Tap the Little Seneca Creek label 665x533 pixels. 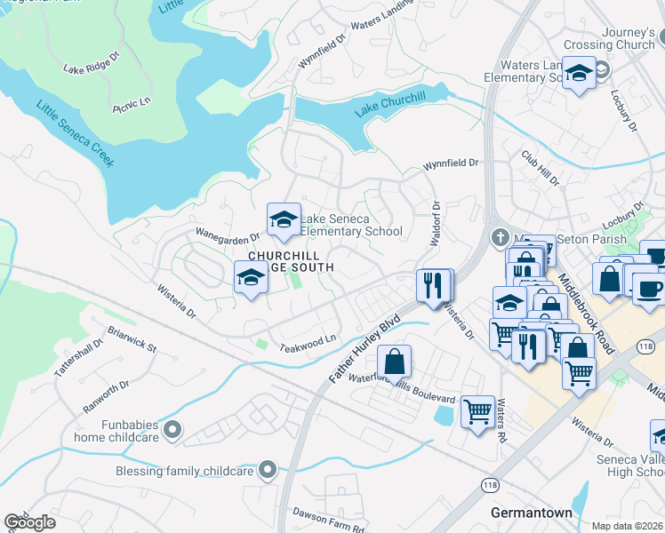76,134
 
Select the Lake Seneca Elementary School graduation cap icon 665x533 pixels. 284,221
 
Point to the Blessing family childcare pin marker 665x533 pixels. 268,470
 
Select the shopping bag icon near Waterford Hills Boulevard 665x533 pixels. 394,362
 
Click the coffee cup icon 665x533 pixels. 647,288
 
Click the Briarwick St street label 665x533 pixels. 131,341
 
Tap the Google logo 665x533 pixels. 30,522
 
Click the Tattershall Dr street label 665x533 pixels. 73,360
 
